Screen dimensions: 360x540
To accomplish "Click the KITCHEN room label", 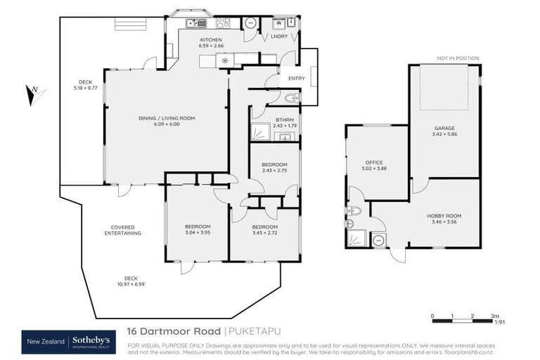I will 211,39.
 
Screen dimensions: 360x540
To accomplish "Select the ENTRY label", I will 297,79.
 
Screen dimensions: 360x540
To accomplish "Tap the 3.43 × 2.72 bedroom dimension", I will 265,233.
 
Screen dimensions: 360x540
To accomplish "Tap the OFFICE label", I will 373,162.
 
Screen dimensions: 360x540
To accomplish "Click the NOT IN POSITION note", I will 457,58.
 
